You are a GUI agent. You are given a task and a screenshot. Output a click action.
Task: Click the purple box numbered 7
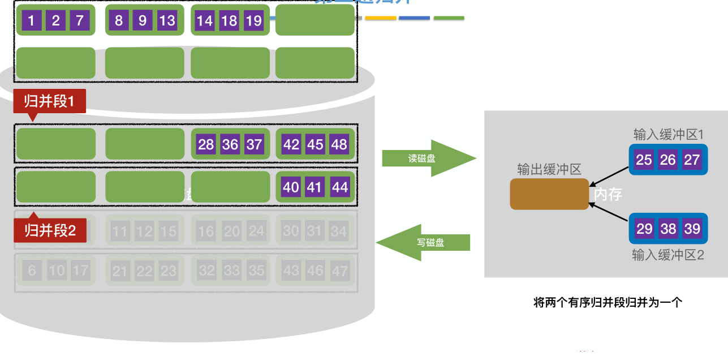pyautogui.click(x=80, y=21)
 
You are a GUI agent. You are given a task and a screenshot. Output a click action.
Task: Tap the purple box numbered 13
pyautogui.click(x=167, y=21)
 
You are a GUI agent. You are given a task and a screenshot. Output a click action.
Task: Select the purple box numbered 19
pyautogui.click(x=254, y=21)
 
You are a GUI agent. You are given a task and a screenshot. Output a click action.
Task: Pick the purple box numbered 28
pyautogui.click(x=206, y=144)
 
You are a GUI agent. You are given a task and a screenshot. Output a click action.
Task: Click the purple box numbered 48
pyautogui.click(x=339, y=144)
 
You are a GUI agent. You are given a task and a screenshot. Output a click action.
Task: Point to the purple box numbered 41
pyautogui.click(x=315, y=187)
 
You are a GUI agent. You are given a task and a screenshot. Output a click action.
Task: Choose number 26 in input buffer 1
pyautogui.click(x=668, y=160)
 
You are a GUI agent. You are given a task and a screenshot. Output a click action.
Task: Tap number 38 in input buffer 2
pyautogui.click(x=669, y=229)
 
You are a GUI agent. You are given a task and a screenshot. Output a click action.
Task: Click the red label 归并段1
pyautogui.click(x=49, y=102)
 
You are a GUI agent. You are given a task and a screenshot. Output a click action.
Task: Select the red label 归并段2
pyautogui.click(x=50, y=231)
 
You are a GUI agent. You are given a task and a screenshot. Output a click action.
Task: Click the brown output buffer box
pyautogui.click(x=549, y=194)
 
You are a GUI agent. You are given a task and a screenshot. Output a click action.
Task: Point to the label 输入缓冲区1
pyautogui.click(x=668, y=135)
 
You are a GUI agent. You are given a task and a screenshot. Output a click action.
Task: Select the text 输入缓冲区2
pyautogui.click(x=668, y=255)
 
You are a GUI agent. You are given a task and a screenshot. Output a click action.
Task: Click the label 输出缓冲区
pyautogui.click(x=549, y=169)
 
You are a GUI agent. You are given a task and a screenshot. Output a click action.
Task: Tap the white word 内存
pyautogui.click(x=608, y=195)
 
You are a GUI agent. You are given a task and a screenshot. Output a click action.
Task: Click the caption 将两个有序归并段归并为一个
pyautogui.click(x=608, y=302)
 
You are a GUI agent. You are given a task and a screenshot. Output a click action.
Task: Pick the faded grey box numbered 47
pyautogui.click(x=339, y=271)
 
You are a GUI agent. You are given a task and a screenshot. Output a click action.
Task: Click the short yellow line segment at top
pyautogui.click(x=380, y=18)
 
